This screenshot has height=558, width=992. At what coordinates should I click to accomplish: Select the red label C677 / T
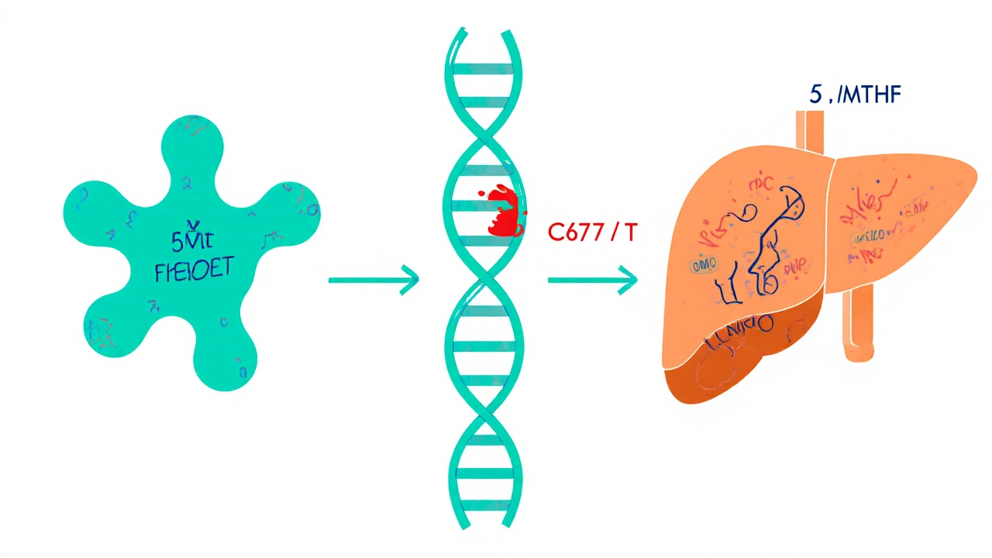click(x=591, y=232)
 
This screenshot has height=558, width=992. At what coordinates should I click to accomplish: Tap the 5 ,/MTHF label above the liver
click(x=855, y=95)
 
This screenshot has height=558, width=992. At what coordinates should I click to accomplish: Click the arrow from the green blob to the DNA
click(x=373, y=279)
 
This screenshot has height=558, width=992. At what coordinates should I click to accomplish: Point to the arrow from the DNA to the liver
click(x=592, y=279)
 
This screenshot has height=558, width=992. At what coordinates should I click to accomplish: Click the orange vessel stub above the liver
click(x=809, y=132)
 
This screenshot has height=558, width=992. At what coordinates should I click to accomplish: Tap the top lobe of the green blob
click(x=191, y=143)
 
